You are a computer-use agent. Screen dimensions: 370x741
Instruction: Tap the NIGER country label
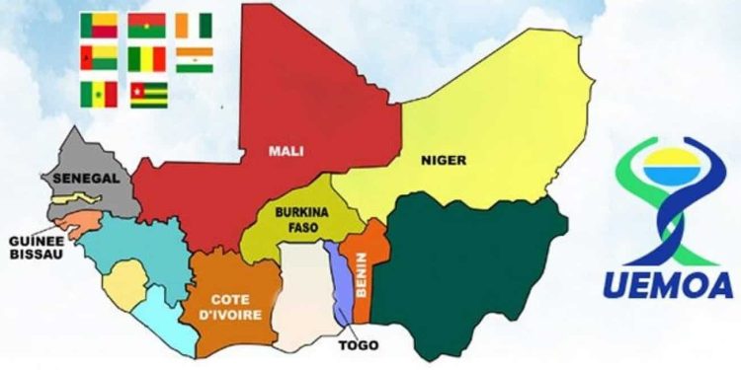tap(443, 160)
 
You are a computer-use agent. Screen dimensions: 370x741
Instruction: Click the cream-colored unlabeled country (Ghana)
tap(303, 296)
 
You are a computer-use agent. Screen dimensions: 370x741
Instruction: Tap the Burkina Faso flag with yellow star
tap(146, 26)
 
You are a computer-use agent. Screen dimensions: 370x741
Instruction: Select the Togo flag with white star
tap(148, 94)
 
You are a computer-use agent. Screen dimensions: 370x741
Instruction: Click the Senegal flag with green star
tap(99, 94)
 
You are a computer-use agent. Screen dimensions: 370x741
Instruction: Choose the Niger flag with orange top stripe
tap(195, 59)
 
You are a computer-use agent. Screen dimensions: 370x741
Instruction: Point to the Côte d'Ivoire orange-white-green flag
tap(195, 26)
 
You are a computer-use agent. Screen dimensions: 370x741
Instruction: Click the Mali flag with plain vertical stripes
tap(146, 59)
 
